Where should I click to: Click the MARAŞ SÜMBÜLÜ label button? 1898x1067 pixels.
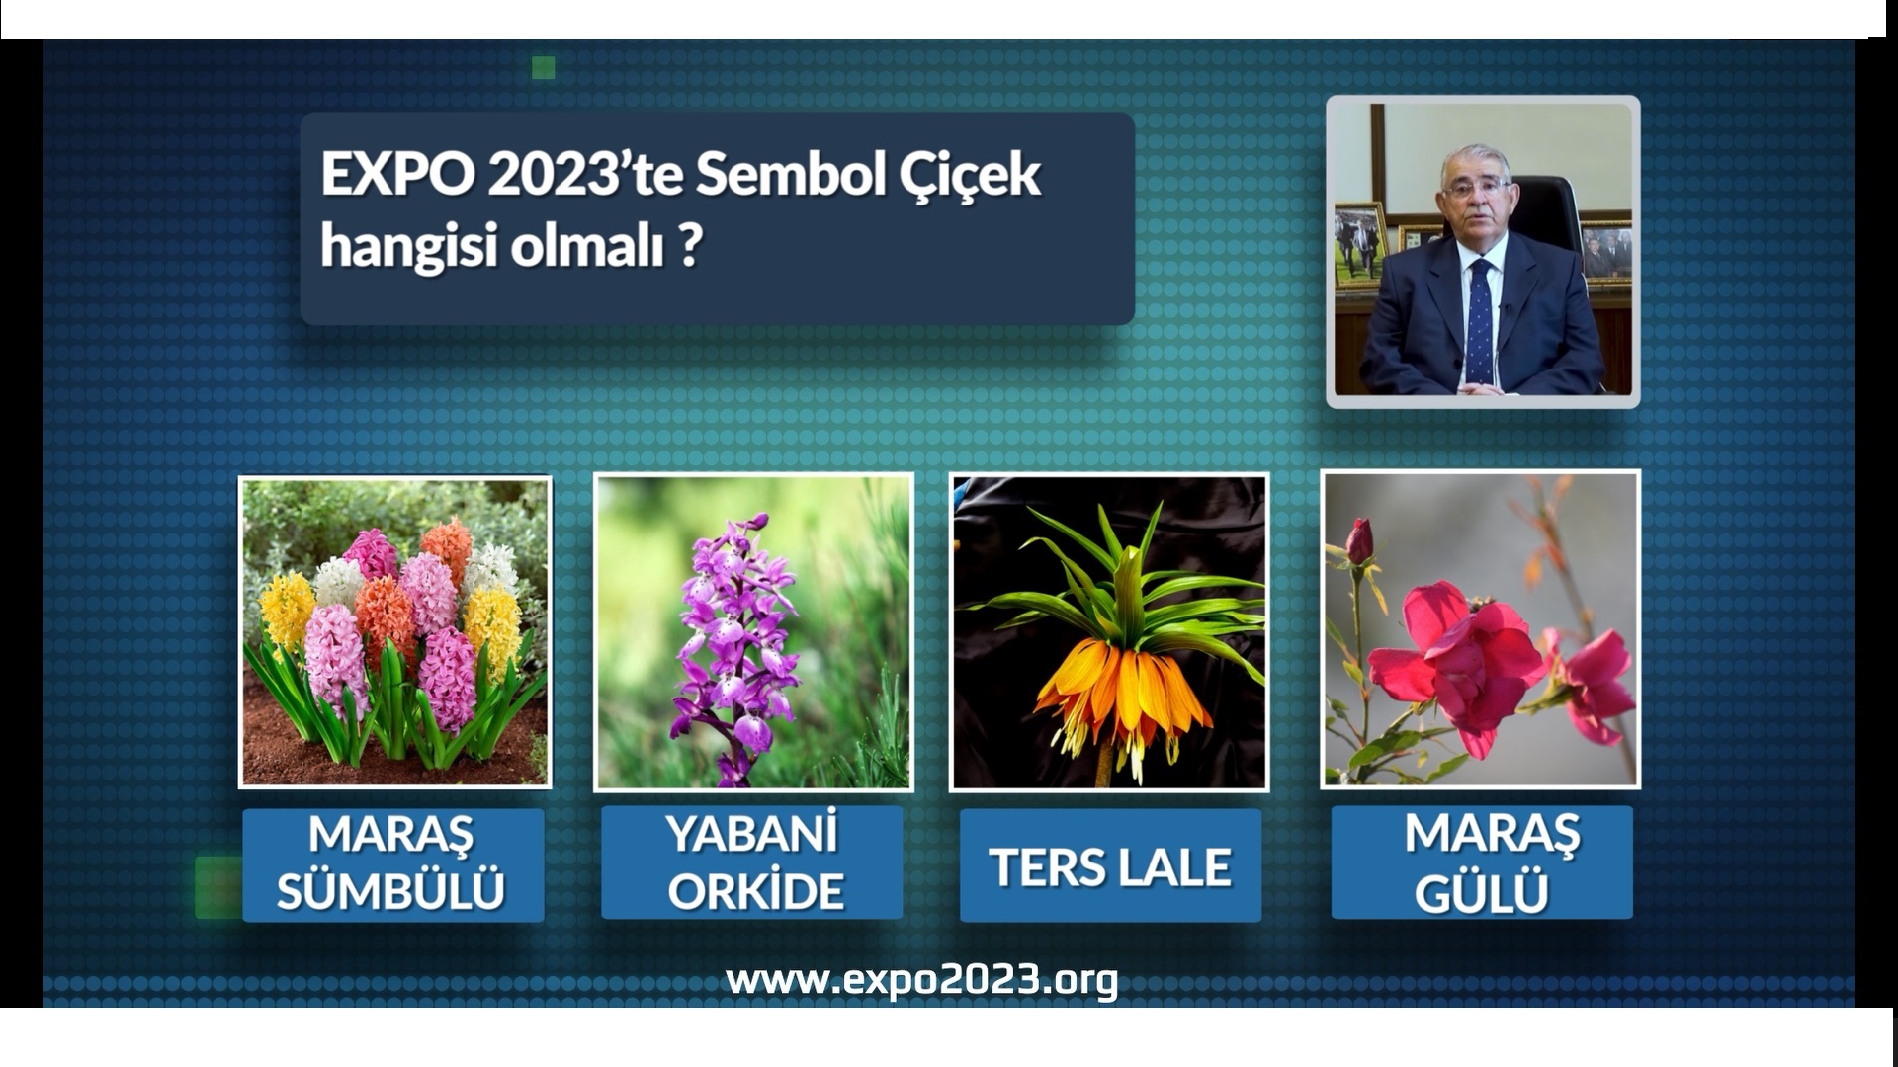pos(392,863)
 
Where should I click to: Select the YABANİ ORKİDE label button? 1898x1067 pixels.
pos(751,862)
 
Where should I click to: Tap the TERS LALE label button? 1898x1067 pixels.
pos(1109,865)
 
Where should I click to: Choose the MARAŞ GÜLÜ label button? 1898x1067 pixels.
pos(1481,862)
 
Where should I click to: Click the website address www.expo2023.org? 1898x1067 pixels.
pos(921,980)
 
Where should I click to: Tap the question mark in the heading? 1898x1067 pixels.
pos(690,245)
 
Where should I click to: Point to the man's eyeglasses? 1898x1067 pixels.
pos(1475,188)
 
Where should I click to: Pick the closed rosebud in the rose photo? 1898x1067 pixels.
pos(1360,541)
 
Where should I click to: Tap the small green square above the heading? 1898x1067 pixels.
pos(543,67)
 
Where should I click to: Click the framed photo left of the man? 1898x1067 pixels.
pos(1359,244)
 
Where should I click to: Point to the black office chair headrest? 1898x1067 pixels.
pos(1547,207)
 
